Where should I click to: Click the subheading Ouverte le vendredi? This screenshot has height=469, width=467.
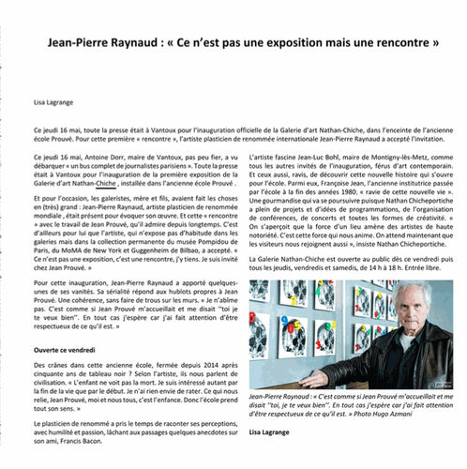(x=65, y=349)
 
